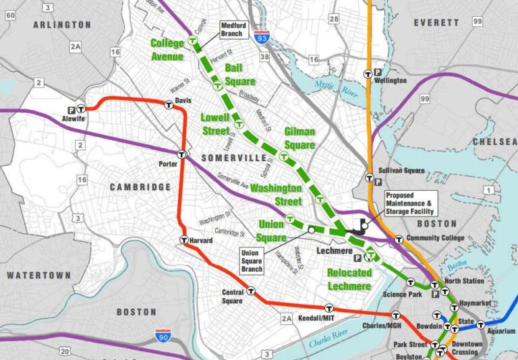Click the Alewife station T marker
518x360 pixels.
click(81, 108)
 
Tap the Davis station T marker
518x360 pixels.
click(169, 104)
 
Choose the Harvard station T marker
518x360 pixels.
click(184, 239)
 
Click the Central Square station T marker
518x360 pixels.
click(252, 291)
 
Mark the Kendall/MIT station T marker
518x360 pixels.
click(328, 307)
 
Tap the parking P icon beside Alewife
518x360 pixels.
click(70, 109)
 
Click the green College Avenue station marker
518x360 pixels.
click(194, 41)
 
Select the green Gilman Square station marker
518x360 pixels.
click(285, 154)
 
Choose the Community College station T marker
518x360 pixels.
click(399, 239)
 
